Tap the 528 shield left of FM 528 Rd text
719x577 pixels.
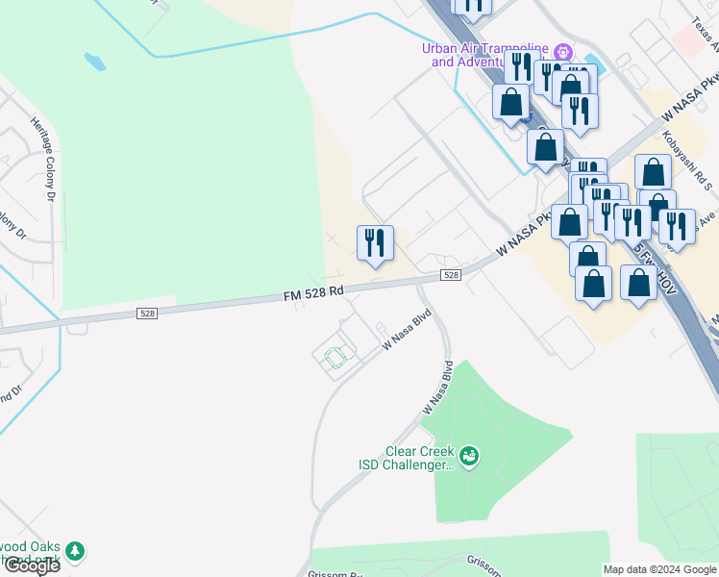[x=147, y=313]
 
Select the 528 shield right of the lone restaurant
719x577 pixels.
[x=452, y=275]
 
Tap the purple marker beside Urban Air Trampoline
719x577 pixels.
[x=564, y=51]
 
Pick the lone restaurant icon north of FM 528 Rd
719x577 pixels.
[x=375, y=242]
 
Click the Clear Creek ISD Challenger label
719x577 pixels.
[x=401, y=458]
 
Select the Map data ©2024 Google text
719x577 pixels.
[x=659, y=569]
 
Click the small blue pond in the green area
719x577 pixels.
[x=94, y=63]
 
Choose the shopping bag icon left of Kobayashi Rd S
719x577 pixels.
[x=653, y=172]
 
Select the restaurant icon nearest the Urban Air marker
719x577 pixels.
[x=521, y=67]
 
